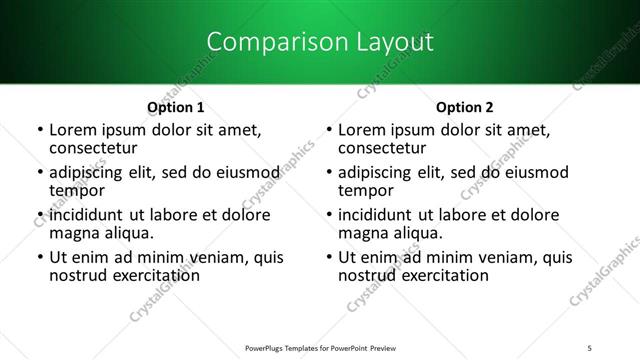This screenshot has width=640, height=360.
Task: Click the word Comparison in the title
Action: point(264,42)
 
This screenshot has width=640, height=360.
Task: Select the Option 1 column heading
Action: point(175,106)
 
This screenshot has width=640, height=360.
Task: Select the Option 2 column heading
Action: point(465,106)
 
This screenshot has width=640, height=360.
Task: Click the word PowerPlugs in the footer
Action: point(267,348)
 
